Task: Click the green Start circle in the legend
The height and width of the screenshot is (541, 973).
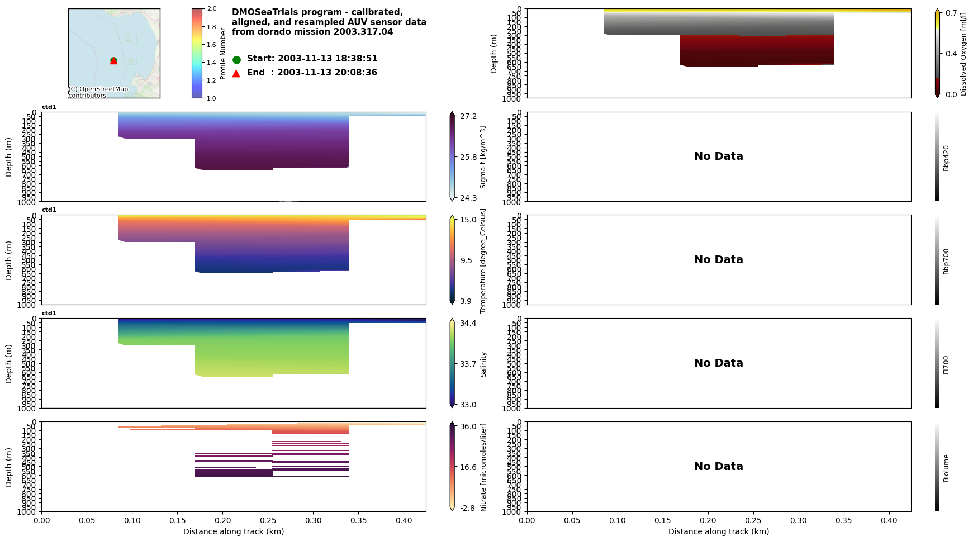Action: pos(236,59)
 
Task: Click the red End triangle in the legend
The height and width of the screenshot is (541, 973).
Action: pos(236,73)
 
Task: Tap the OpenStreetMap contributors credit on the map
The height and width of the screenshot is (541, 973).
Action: pos(98,92)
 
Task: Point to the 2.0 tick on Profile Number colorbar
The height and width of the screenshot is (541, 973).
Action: pos(211,9)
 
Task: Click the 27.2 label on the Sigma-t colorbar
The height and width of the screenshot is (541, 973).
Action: pos(468,116)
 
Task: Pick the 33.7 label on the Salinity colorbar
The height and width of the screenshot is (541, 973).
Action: pos(468,364)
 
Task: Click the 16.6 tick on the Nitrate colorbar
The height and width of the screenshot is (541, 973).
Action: pos(468,467)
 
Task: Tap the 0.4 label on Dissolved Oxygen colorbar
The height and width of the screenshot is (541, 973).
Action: pos(951,54)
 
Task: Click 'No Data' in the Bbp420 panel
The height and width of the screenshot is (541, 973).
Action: pos(718,156)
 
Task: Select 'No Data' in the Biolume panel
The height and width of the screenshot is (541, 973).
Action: pos(718,467)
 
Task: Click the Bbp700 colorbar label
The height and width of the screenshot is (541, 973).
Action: pos(946,262)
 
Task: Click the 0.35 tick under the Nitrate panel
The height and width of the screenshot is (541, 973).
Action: pos(359,520)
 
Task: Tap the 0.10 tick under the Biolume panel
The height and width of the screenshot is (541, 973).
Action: pos(618,520)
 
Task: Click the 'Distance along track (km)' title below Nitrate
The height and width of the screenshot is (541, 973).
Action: pos(234,531)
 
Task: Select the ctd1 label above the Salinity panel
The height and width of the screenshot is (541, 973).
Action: pos(49,314)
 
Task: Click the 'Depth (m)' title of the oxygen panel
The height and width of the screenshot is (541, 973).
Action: pos(494,54)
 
